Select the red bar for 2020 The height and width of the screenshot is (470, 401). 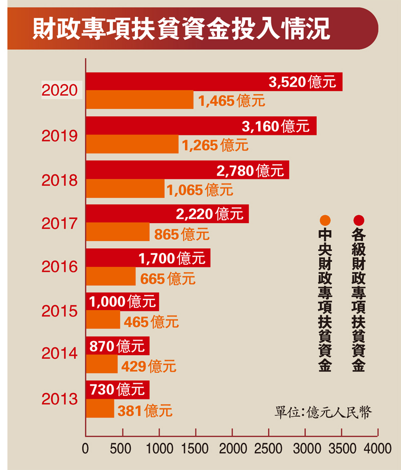click(x=175, y=82)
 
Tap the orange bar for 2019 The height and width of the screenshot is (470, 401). click(x=132, y=144)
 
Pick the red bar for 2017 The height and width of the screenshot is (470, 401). click(x=130, y=214)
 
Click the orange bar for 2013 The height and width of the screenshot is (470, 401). click(x=100, y=408)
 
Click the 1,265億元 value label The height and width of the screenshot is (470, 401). click(x=215, y=145)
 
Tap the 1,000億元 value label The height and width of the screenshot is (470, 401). click(x=123, y=301)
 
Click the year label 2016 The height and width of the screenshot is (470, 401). click(x=60, y=266)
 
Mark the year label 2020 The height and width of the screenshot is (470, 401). click(x=60, y=91)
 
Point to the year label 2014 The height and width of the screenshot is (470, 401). click(x=60, y=354)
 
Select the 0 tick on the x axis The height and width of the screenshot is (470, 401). click(x=86, y=447)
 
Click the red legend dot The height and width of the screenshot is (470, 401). click(x=359, y=220)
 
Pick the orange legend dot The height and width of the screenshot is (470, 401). click(x=325, y=220)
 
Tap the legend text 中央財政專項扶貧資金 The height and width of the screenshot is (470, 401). click(x=325, y=301)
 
